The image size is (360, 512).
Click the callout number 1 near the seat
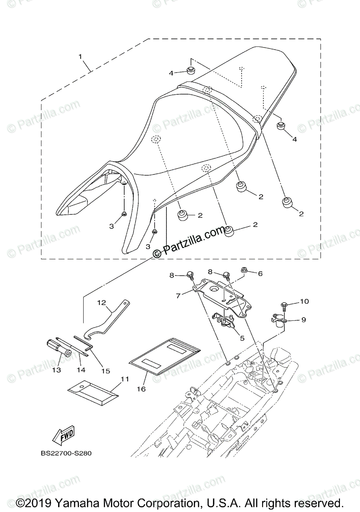click(x=80, y=56)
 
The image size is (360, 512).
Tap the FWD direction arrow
click(x=63, y=435)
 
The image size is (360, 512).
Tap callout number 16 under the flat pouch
click(x=141, y=389)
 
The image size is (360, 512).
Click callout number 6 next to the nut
click(x=260, y=273)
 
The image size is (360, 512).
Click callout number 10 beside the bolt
click(x=304, y=302)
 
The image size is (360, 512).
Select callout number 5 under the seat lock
click(x=242, y=338)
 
